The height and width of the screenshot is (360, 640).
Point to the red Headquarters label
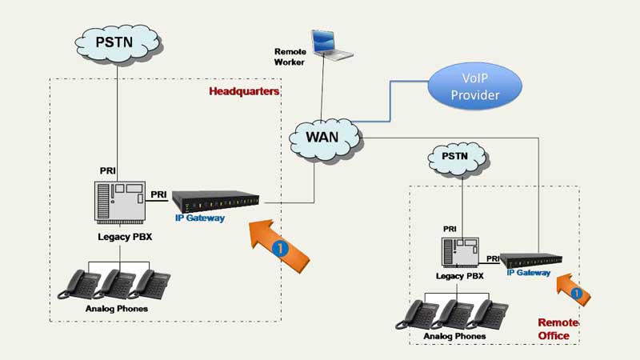click(244, 91)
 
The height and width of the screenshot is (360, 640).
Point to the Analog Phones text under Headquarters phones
click(117, 308)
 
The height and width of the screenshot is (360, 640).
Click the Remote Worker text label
click(290, 57)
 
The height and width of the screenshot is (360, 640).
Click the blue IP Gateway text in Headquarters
click(200, 218)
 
